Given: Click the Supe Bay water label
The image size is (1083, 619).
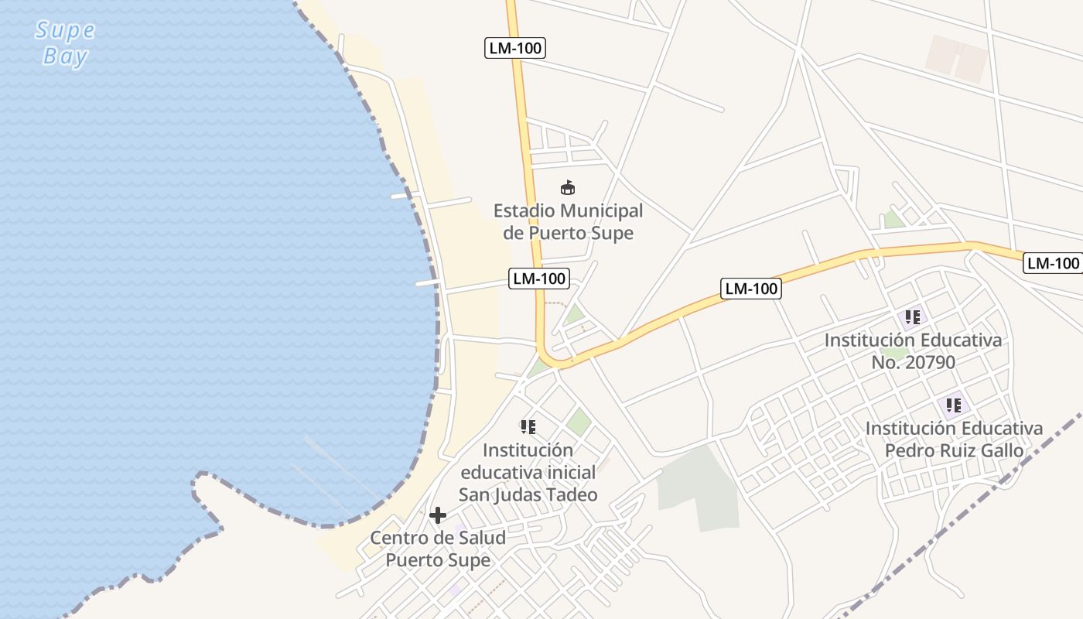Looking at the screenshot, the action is [x=66, y=43].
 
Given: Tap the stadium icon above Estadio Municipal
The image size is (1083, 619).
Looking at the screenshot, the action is [x=567, y=187].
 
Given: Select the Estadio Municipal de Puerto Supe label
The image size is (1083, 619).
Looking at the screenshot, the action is [x=568, y=221].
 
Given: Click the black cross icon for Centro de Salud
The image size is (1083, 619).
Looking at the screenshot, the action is [x=438, y=515].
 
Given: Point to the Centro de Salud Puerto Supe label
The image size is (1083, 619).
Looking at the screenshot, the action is [x=438, y=549].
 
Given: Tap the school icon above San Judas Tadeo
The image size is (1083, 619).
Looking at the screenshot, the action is [x=528, y=427].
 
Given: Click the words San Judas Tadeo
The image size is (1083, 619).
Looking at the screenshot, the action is [x=528, y=494].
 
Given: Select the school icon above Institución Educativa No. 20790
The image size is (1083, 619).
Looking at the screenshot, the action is [x=913, y=317].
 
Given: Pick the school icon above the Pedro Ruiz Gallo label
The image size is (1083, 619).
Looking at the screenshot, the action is [x=954, y=405].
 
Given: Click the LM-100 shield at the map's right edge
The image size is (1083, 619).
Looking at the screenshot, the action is [x=1053, y=263].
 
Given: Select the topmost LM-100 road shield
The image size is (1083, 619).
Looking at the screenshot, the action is [x=516, y=48].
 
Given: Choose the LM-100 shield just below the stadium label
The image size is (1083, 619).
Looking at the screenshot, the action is [x=539, y=279].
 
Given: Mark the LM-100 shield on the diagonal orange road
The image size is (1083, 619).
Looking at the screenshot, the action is [x=751, y=289].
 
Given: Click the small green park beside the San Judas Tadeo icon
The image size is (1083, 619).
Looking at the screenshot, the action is [x=579, y=422].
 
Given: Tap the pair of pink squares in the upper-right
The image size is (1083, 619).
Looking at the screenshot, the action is [x=958, y=58].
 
